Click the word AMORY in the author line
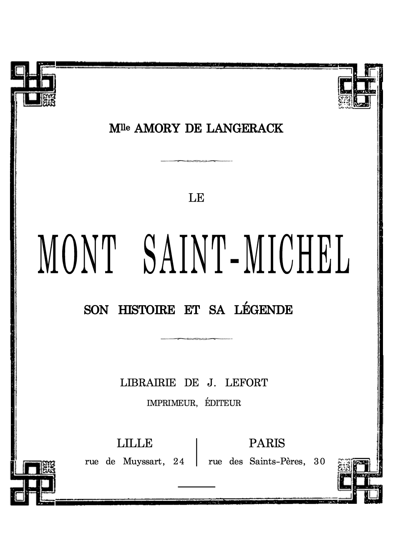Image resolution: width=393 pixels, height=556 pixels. [157, 129]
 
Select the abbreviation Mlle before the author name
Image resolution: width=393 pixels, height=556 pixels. [120, 128]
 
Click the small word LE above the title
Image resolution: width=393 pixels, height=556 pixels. [196, 198]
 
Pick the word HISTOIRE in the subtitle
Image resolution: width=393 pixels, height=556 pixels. [147, 310]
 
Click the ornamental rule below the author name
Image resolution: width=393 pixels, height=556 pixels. [196, 161]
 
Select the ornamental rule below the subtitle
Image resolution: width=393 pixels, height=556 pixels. [196, 339]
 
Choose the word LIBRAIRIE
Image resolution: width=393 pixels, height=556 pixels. [148, 382]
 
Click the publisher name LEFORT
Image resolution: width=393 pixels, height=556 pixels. [246, 382]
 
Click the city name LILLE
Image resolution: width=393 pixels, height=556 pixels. [135, 443]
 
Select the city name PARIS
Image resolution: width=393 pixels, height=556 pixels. [267, 443]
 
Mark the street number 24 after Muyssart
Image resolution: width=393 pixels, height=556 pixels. [179, 462]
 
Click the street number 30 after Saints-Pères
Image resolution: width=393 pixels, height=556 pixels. [320, 462]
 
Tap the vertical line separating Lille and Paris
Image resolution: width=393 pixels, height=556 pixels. [196, 452]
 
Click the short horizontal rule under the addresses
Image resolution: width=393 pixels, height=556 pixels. [196, 486]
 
